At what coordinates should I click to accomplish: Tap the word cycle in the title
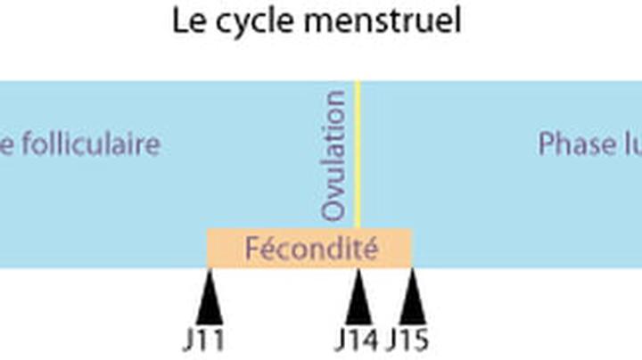click(x=251, y=22)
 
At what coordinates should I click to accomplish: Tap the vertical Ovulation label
click(x=333, y=155)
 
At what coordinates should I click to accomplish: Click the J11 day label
click(x=203, y=341)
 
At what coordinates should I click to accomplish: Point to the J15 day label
click(x=407, y=341)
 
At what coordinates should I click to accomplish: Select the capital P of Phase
click(x=545, y=144)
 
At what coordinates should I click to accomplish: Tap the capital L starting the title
click(x=180, y=21)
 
